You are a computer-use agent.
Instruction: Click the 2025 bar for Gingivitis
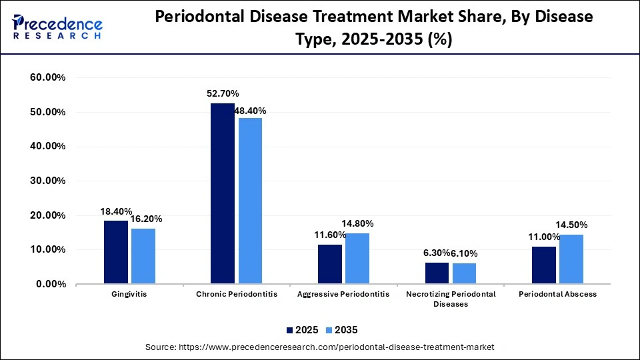tap(116, 252)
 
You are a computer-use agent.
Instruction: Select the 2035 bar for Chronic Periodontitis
tap(250, 201)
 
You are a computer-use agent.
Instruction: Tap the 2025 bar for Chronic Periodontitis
tap(223, 193)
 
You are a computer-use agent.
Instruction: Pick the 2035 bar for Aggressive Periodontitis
tap(357, 258)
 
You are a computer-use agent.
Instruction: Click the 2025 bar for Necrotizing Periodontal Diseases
tap(437, 273)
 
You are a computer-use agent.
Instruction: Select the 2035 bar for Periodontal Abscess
tap(571, 259)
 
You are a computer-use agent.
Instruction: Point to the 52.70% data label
tap(223, 94)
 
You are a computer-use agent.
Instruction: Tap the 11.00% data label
tap(543, 237)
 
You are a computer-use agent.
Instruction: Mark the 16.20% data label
tap(145, 219)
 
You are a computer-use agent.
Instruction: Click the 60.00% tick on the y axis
tap(48, 78)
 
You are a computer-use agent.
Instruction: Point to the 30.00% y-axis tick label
tap(48, 181)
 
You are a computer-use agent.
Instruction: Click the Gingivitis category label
tap(130, 294)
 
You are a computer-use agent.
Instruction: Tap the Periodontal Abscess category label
tap(558, 294)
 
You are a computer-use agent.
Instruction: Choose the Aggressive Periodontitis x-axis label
tap(344, 294)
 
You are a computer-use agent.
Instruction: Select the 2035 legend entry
tap(342, 330)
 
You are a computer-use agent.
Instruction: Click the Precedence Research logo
tap(57, 27)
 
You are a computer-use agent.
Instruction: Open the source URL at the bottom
tap(320, 347)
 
